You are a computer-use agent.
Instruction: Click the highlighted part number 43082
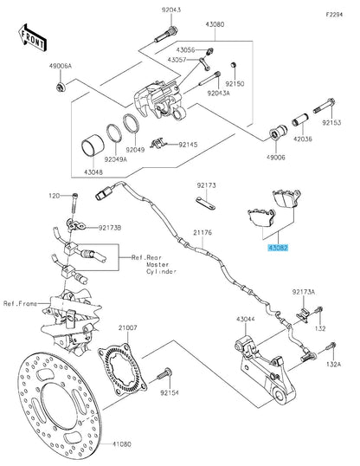(278, 248)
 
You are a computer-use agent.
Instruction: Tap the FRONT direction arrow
(32, 38)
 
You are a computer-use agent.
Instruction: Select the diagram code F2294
(334, 15)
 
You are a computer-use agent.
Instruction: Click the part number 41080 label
(121, 444)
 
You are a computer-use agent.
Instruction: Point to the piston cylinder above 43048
(93, 146)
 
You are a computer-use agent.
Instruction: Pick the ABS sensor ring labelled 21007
(122, 368)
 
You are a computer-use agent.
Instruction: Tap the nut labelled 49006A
(61, 87)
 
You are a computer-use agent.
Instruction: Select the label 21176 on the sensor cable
(202, 232)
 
